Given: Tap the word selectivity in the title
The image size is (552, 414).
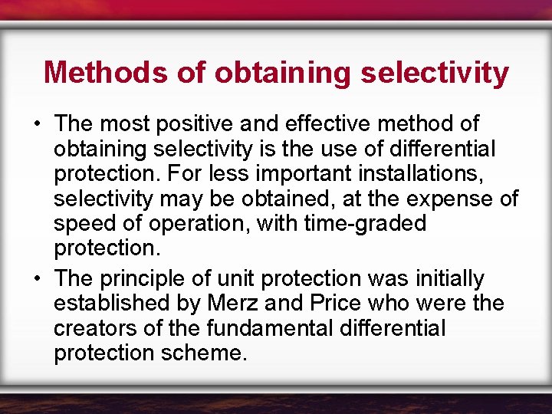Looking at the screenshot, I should coord(434,73).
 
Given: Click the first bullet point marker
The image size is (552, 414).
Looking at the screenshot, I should coord(37,123).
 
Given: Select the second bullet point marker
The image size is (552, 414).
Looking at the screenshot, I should coord(37,278).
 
